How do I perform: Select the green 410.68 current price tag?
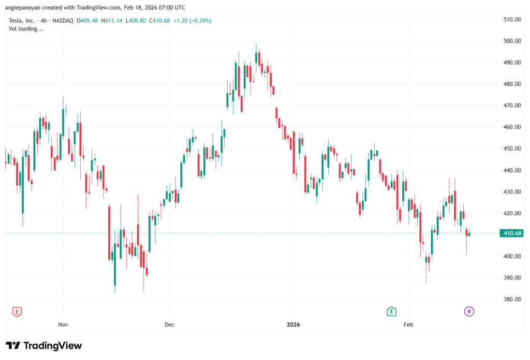[511, 233]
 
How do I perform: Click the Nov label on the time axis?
[63, 325]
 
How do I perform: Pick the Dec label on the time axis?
[170, 325]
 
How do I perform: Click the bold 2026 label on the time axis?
[293, 325]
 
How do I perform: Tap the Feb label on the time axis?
[408, 325]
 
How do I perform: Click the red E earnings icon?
[17, 311]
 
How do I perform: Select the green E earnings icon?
[392, 311]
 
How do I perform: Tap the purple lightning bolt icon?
[469, 311]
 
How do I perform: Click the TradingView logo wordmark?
[45, 346]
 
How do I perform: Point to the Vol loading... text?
[26, 29]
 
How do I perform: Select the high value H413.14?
[111, 21]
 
